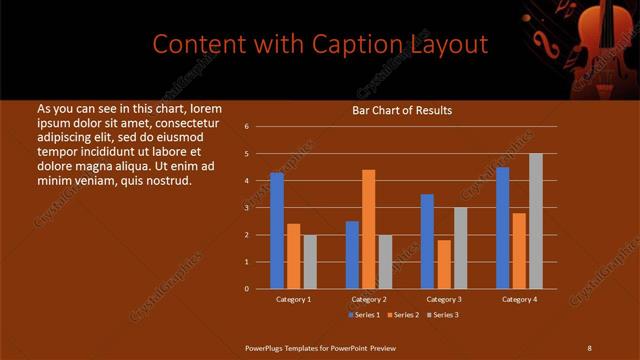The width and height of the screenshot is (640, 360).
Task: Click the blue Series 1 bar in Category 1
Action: pos(277,231)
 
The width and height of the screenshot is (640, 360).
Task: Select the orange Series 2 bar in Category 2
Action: pos(368,229)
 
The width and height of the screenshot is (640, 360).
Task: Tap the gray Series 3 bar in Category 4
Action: pos(535,221)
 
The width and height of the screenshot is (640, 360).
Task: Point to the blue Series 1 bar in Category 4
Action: pos(502,228)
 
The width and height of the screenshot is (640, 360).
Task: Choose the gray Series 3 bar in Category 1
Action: pos(310,262)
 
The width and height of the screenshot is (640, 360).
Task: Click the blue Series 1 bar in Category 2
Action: pos(352,255)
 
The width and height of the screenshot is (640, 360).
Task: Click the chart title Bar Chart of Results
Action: pos(401,111)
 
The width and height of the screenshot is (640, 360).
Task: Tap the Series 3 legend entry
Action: pos(443,316)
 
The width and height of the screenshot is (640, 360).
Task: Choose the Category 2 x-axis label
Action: pos(369,299)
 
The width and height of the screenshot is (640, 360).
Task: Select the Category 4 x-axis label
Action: pos(519,299)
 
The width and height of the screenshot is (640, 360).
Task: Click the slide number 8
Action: pos(588,347)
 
